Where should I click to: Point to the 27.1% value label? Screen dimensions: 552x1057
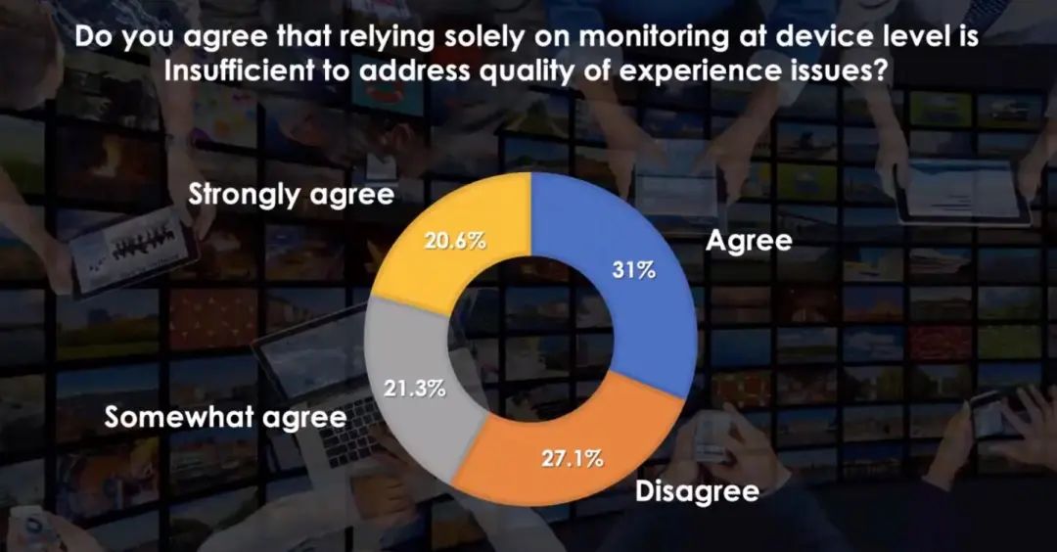(573, 457)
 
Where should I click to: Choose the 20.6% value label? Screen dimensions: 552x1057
(455, 241)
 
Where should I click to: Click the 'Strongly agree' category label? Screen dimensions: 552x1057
(291, 195)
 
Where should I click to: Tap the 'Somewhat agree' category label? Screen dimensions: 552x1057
(225, 417)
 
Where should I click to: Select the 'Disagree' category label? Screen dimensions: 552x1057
(697, 490)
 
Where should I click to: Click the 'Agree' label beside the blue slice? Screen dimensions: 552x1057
(748, 242)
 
